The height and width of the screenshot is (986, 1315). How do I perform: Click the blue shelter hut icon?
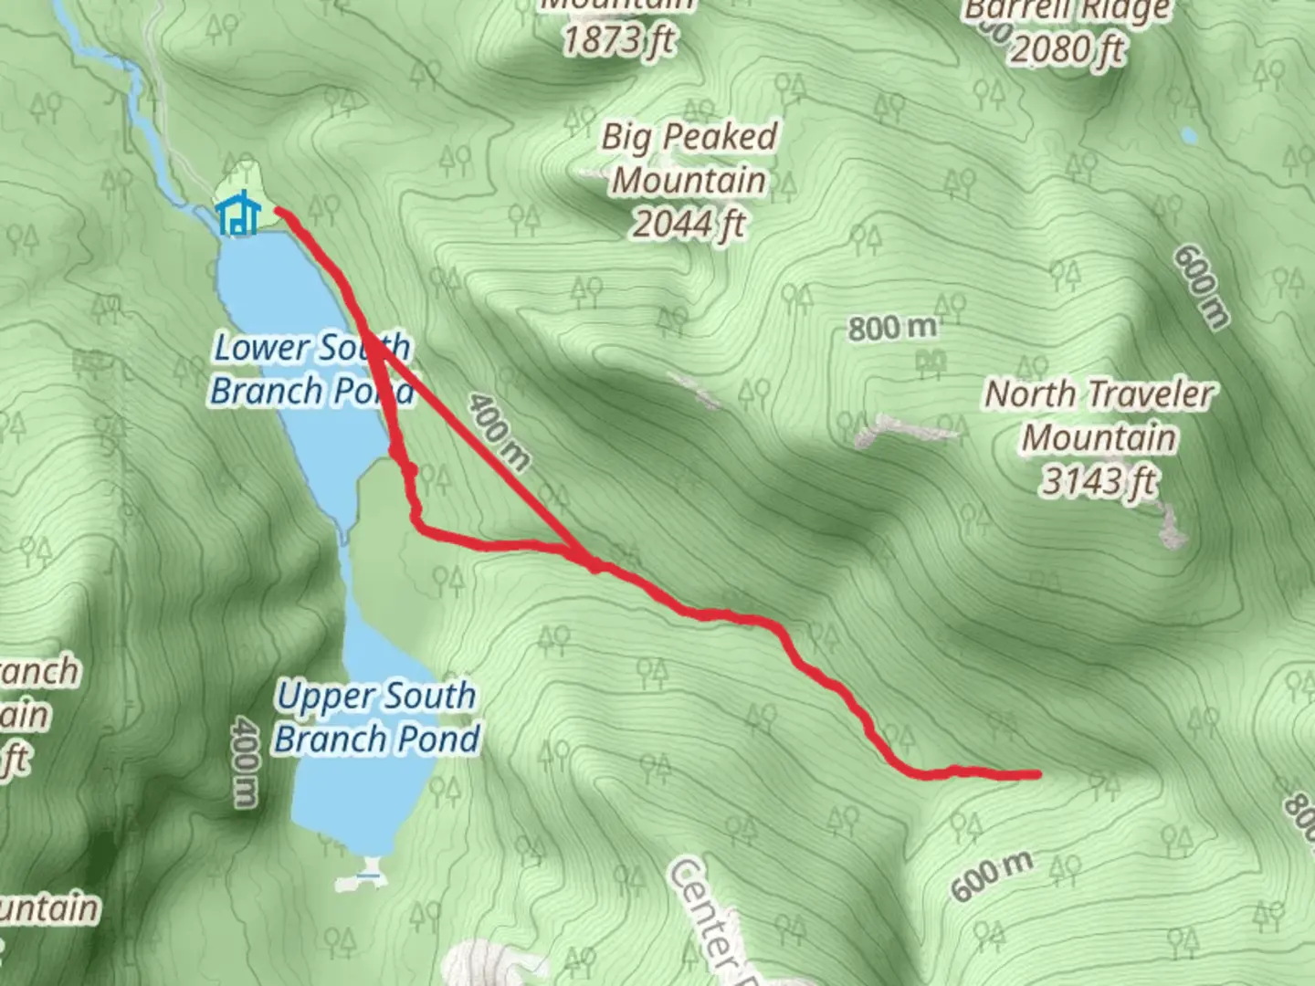pyautogui.click(x=238, y=215)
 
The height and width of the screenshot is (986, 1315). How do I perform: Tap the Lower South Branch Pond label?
pyautogui.click(x=311, y=369)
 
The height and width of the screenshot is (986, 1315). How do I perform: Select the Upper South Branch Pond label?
pyautogui.click(x=377, y=717)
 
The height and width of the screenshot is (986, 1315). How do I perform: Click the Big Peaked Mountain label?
pyautogui.click(x=689, y=158)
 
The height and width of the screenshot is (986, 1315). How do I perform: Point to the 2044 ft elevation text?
pyautogui.click(x=689, y=223)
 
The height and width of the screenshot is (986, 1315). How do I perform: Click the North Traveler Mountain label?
pyautogui.click(x=1099, y=415)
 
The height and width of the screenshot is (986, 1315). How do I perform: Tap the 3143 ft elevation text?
pyautogui.click(x=1099, y=480)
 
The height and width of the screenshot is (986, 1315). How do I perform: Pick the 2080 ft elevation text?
pyautogui.click(x=1067, y=49)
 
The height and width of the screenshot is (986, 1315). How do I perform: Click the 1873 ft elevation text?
pyautogui.click(x=619, y=40)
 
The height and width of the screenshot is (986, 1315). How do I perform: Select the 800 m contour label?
pyautogui.click(x=892, y=327)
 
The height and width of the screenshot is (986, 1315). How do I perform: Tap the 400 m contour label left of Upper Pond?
pyautogui.click(x=244, y=761)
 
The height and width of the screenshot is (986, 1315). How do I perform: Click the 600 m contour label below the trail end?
pyautogui.click(x=992, y=875)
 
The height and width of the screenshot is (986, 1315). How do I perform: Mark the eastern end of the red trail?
pyautogui.click(x=1037, y=774)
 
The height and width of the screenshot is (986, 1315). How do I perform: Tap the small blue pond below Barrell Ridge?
pyautogui.click(x=1188, y=135)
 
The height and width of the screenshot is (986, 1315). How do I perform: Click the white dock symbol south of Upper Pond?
pyautogui.click(x=368, y=876)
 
